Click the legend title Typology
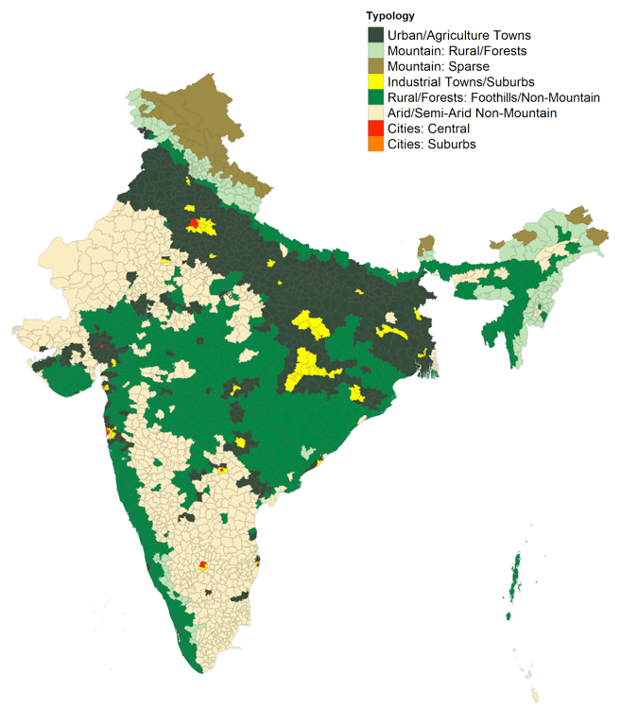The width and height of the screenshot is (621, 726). click(x=389, y=16)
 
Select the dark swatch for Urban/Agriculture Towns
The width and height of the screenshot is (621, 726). click(x=375, y=35)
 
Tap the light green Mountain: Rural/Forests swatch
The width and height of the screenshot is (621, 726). click(x=375, y=50)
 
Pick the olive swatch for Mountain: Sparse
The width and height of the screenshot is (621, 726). click(x=375, y=66)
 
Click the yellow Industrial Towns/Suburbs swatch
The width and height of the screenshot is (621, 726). click(x=375, y=82)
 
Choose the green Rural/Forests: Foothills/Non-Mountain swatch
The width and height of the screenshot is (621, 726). click(x=375, y=97)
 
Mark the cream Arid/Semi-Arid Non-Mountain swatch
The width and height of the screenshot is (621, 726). click(x=375, y=113)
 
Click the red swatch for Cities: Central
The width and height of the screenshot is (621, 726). click(x=375, y=129)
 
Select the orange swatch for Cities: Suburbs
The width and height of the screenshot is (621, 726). click(x=375, y=145)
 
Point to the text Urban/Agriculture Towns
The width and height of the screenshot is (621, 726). click(x=452, y=35)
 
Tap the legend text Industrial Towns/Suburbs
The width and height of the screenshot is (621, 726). click(x=455, y=82)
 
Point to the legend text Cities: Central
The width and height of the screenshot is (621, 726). click(x=428, y=129)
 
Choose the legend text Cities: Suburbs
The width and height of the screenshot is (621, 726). click(x=431, y=145)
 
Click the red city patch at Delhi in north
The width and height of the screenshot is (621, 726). click(x=194, y=223)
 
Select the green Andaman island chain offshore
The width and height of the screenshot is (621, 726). click(x=516, y=577)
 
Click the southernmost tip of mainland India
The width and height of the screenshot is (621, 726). click(x=199, y=670)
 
